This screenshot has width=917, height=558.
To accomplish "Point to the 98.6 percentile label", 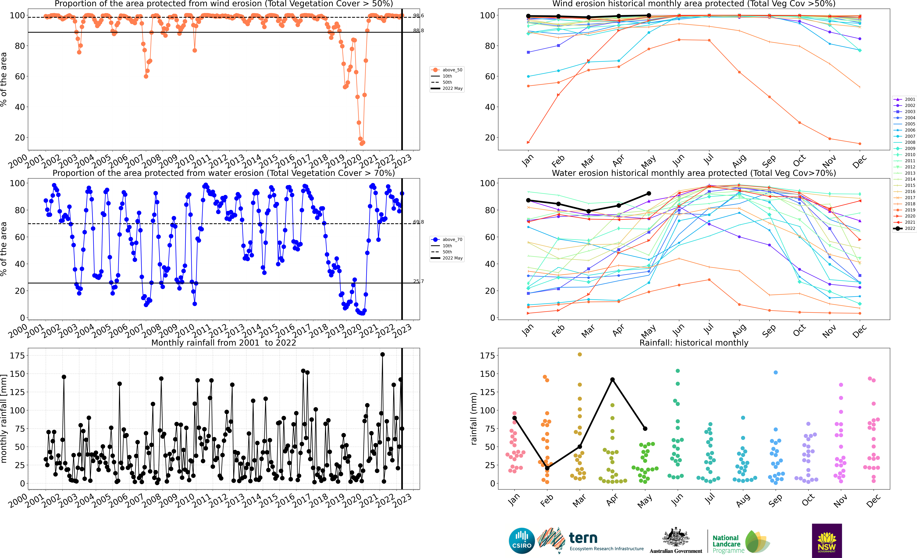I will (418, 16).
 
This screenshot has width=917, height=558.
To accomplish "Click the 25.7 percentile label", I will (418, 281).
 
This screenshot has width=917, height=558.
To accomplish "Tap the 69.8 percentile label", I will (418, 222).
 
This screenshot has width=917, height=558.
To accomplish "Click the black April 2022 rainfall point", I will (612, 379).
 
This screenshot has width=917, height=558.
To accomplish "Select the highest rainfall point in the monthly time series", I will (382, 355).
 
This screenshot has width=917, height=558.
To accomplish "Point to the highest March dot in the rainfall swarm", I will (579, 355).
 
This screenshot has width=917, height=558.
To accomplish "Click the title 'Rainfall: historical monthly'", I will (694, 343).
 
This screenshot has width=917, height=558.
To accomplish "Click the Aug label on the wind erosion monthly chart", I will (739, 161).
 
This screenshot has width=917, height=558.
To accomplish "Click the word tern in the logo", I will (583, 538).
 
